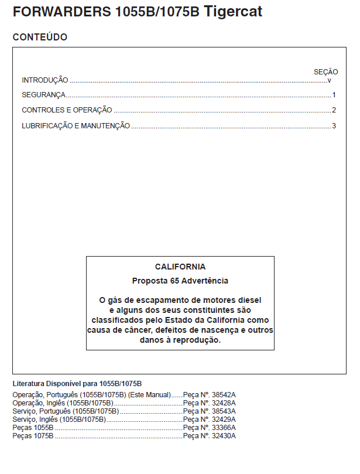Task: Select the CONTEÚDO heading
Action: pos(40,37)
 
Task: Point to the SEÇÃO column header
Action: pos(326,72)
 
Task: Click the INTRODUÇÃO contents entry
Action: pos(45,80)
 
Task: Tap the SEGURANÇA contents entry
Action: pos(43,95)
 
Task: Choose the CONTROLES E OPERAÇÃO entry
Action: pos(67,110)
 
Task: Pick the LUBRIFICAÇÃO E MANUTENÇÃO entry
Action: pos(76,126)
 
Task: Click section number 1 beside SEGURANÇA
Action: pos(334,95)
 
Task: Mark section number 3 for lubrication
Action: pos(334,126)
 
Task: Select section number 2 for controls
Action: pos(334,110)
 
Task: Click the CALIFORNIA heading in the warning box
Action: pos(180,267)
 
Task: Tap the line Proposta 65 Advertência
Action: pos(180,281)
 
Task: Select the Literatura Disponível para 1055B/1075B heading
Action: pos(77,384)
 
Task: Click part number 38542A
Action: pos(224,395)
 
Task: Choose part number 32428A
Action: pos(224,403)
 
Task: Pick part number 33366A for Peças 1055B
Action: pos(224,428)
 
